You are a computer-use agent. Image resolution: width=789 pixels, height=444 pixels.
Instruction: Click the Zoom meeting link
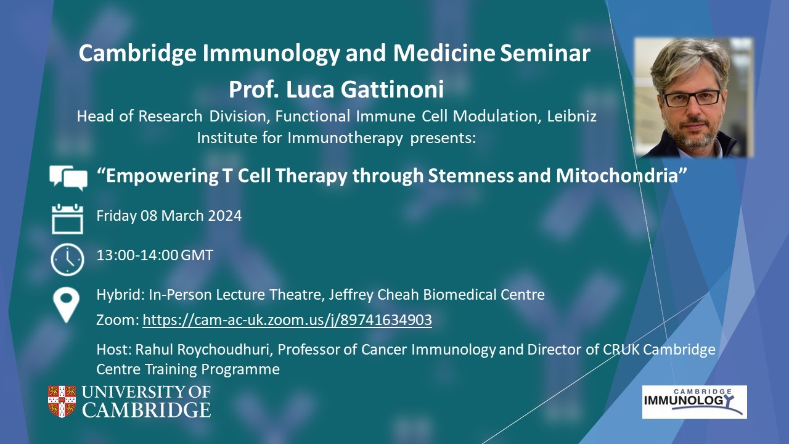[x=287, y=320]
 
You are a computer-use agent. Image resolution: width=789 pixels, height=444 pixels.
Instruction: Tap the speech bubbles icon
[x=68, y=178]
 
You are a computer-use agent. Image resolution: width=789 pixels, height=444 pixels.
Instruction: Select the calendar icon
[x=67, y=219]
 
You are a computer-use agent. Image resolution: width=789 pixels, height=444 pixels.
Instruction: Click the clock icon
[x=67, y=260]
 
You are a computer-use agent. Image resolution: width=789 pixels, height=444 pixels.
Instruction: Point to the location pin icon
[x=66, y=305]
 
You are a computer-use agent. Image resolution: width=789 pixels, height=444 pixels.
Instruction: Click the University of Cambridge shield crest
[x=62, y=401]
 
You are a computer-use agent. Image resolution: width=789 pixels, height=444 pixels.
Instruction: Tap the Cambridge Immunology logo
[x=694, y=402]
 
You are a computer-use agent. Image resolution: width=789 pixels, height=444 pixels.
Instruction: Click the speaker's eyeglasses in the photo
[x=692, y=98]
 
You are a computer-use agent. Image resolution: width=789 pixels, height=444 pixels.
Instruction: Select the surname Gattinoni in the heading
[x=392, y=89]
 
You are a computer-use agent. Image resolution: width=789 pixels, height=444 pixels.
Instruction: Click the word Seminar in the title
[x=545, y=53]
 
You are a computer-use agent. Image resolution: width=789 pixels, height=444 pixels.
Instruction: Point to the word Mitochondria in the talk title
[x=621, y=176]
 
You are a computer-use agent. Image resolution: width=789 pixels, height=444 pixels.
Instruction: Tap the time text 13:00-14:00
[x=137, y=255]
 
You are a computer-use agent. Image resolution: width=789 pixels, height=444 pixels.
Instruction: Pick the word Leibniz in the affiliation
[x=571, y=117]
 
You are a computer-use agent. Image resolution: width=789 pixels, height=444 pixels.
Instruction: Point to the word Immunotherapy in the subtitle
[x=345, y=138]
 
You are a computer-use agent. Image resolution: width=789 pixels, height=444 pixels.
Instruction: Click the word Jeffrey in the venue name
[x=351, y=295]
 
